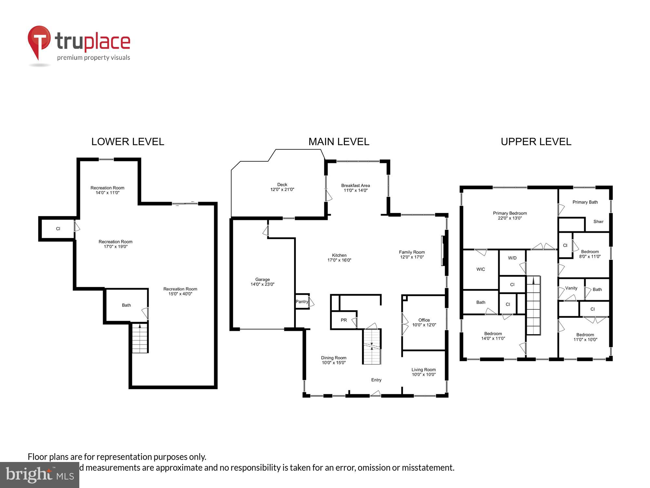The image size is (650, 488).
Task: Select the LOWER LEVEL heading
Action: (x=128, y=142)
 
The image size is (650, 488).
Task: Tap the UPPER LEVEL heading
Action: (x=536, y=142)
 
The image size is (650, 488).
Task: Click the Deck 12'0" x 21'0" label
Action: (x=282, y=187)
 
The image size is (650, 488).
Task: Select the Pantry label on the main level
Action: (x=302, y=302)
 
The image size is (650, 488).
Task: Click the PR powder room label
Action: (x=344, y=320)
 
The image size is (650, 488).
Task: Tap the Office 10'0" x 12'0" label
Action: (x=424, y=322)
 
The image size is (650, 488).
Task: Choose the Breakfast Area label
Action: (x=355, y=188)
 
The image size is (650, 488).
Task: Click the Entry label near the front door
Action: (x=376, y=380)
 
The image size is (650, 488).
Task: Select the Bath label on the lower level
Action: (x=126, y=305)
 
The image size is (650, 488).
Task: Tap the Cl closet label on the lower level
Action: (x=58, y=229)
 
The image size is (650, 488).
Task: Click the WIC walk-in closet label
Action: (x=480, y=269)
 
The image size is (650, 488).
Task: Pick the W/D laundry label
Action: (x=512, y=258)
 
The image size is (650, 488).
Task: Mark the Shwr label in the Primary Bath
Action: (x=598, y=222)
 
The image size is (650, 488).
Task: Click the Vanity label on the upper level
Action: (x=571, y=288)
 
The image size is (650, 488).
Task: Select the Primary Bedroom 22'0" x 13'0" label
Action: (x=510, y=216)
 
